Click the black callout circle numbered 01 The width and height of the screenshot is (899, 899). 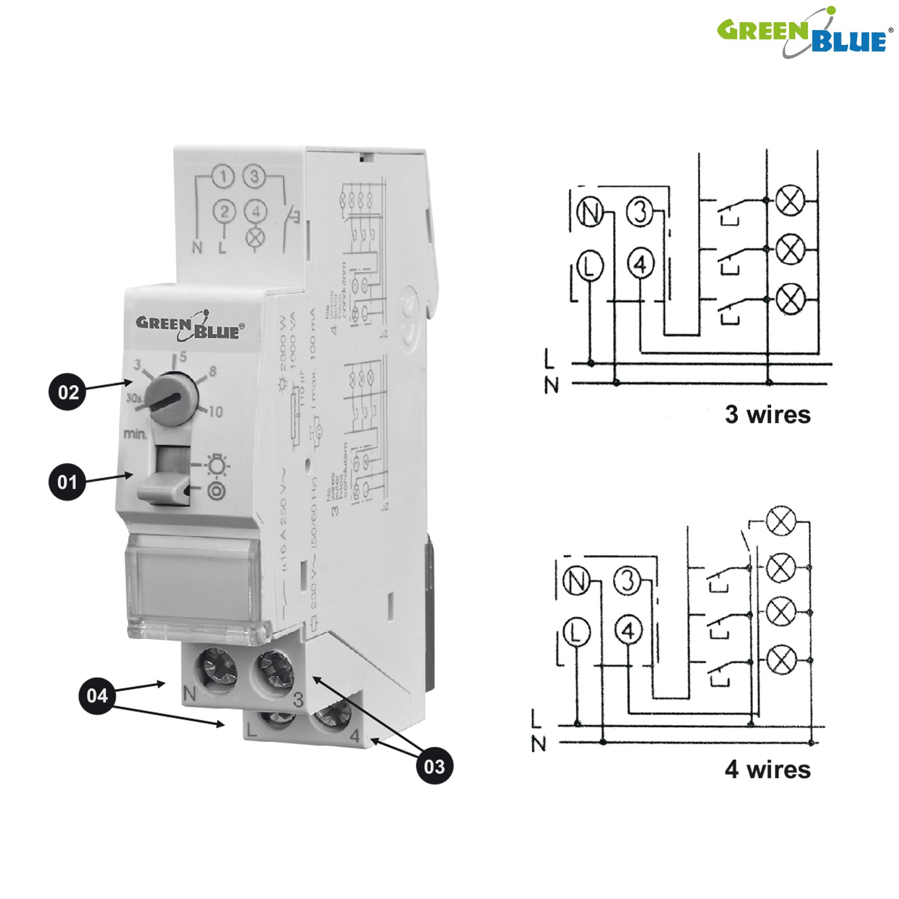tap(67, 482)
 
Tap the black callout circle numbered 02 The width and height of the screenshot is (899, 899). tap(68, 392)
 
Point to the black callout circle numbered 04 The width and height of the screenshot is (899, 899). tap(97, 695)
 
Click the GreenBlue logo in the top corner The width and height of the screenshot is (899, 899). tap(803, 33)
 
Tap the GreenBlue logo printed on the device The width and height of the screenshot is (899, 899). tap(190, 326)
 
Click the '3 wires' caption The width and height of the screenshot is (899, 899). tap(767, 414)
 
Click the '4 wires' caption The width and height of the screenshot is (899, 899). tap(767, 769)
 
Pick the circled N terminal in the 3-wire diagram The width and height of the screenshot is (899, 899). tap(590, 213)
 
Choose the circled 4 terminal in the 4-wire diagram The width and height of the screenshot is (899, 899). tap(628, 630)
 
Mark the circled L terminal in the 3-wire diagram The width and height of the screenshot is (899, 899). tap(590, 266)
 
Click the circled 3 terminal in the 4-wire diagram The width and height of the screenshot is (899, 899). tap(628, 581)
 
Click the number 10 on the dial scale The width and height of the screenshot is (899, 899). tap(216, 412)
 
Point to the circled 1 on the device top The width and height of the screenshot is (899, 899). tap(224, 177)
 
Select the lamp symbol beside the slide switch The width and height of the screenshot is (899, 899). tap(217, 464)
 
